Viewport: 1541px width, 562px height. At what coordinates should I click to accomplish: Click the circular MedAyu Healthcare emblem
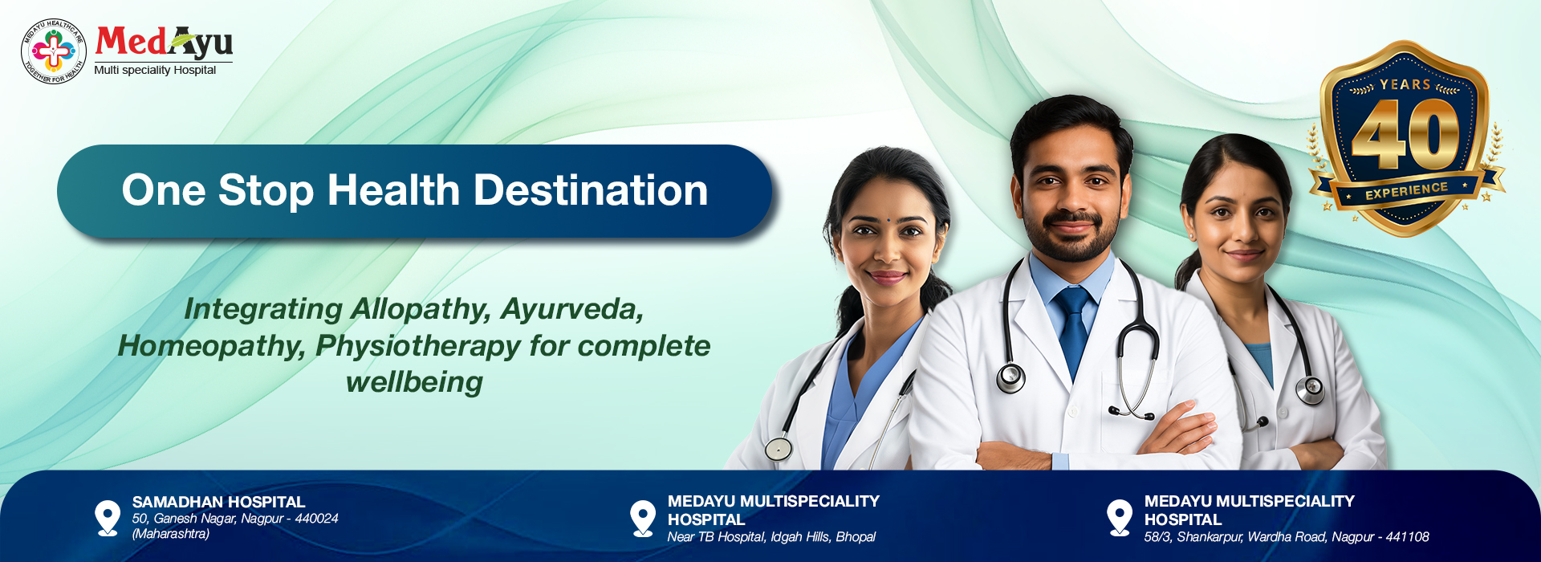point(53,51)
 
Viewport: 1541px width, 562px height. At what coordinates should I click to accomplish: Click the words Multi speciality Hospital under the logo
point(155,71)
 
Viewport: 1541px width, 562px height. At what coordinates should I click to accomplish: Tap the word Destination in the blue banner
point(591,191)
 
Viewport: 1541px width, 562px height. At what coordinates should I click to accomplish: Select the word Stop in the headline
point(266,191)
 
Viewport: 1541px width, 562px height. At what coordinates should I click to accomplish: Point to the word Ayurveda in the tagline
point(571,309)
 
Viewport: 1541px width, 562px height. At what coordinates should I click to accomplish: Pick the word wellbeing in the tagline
point(414,382)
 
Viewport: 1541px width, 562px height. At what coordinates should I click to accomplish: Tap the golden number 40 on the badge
point(1405,136)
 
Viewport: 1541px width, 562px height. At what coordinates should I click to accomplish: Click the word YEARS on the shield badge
point(1405,85)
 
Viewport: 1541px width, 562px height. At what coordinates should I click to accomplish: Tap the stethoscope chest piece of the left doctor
point(777,448)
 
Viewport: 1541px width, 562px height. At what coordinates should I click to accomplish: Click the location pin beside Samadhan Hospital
point(107,517)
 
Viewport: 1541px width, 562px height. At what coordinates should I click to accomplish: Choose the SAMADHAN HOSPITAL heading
point(218,502)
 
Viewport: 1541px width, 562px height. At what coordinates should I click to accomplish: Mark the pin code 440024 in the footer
point(316,519)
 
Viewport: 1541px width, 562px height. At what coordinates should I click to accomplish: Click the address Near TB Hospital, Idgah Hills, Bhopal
point(770,537)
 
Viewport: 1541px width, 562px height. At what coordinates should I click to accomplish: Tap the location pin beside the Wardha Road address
point(1119,517)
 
